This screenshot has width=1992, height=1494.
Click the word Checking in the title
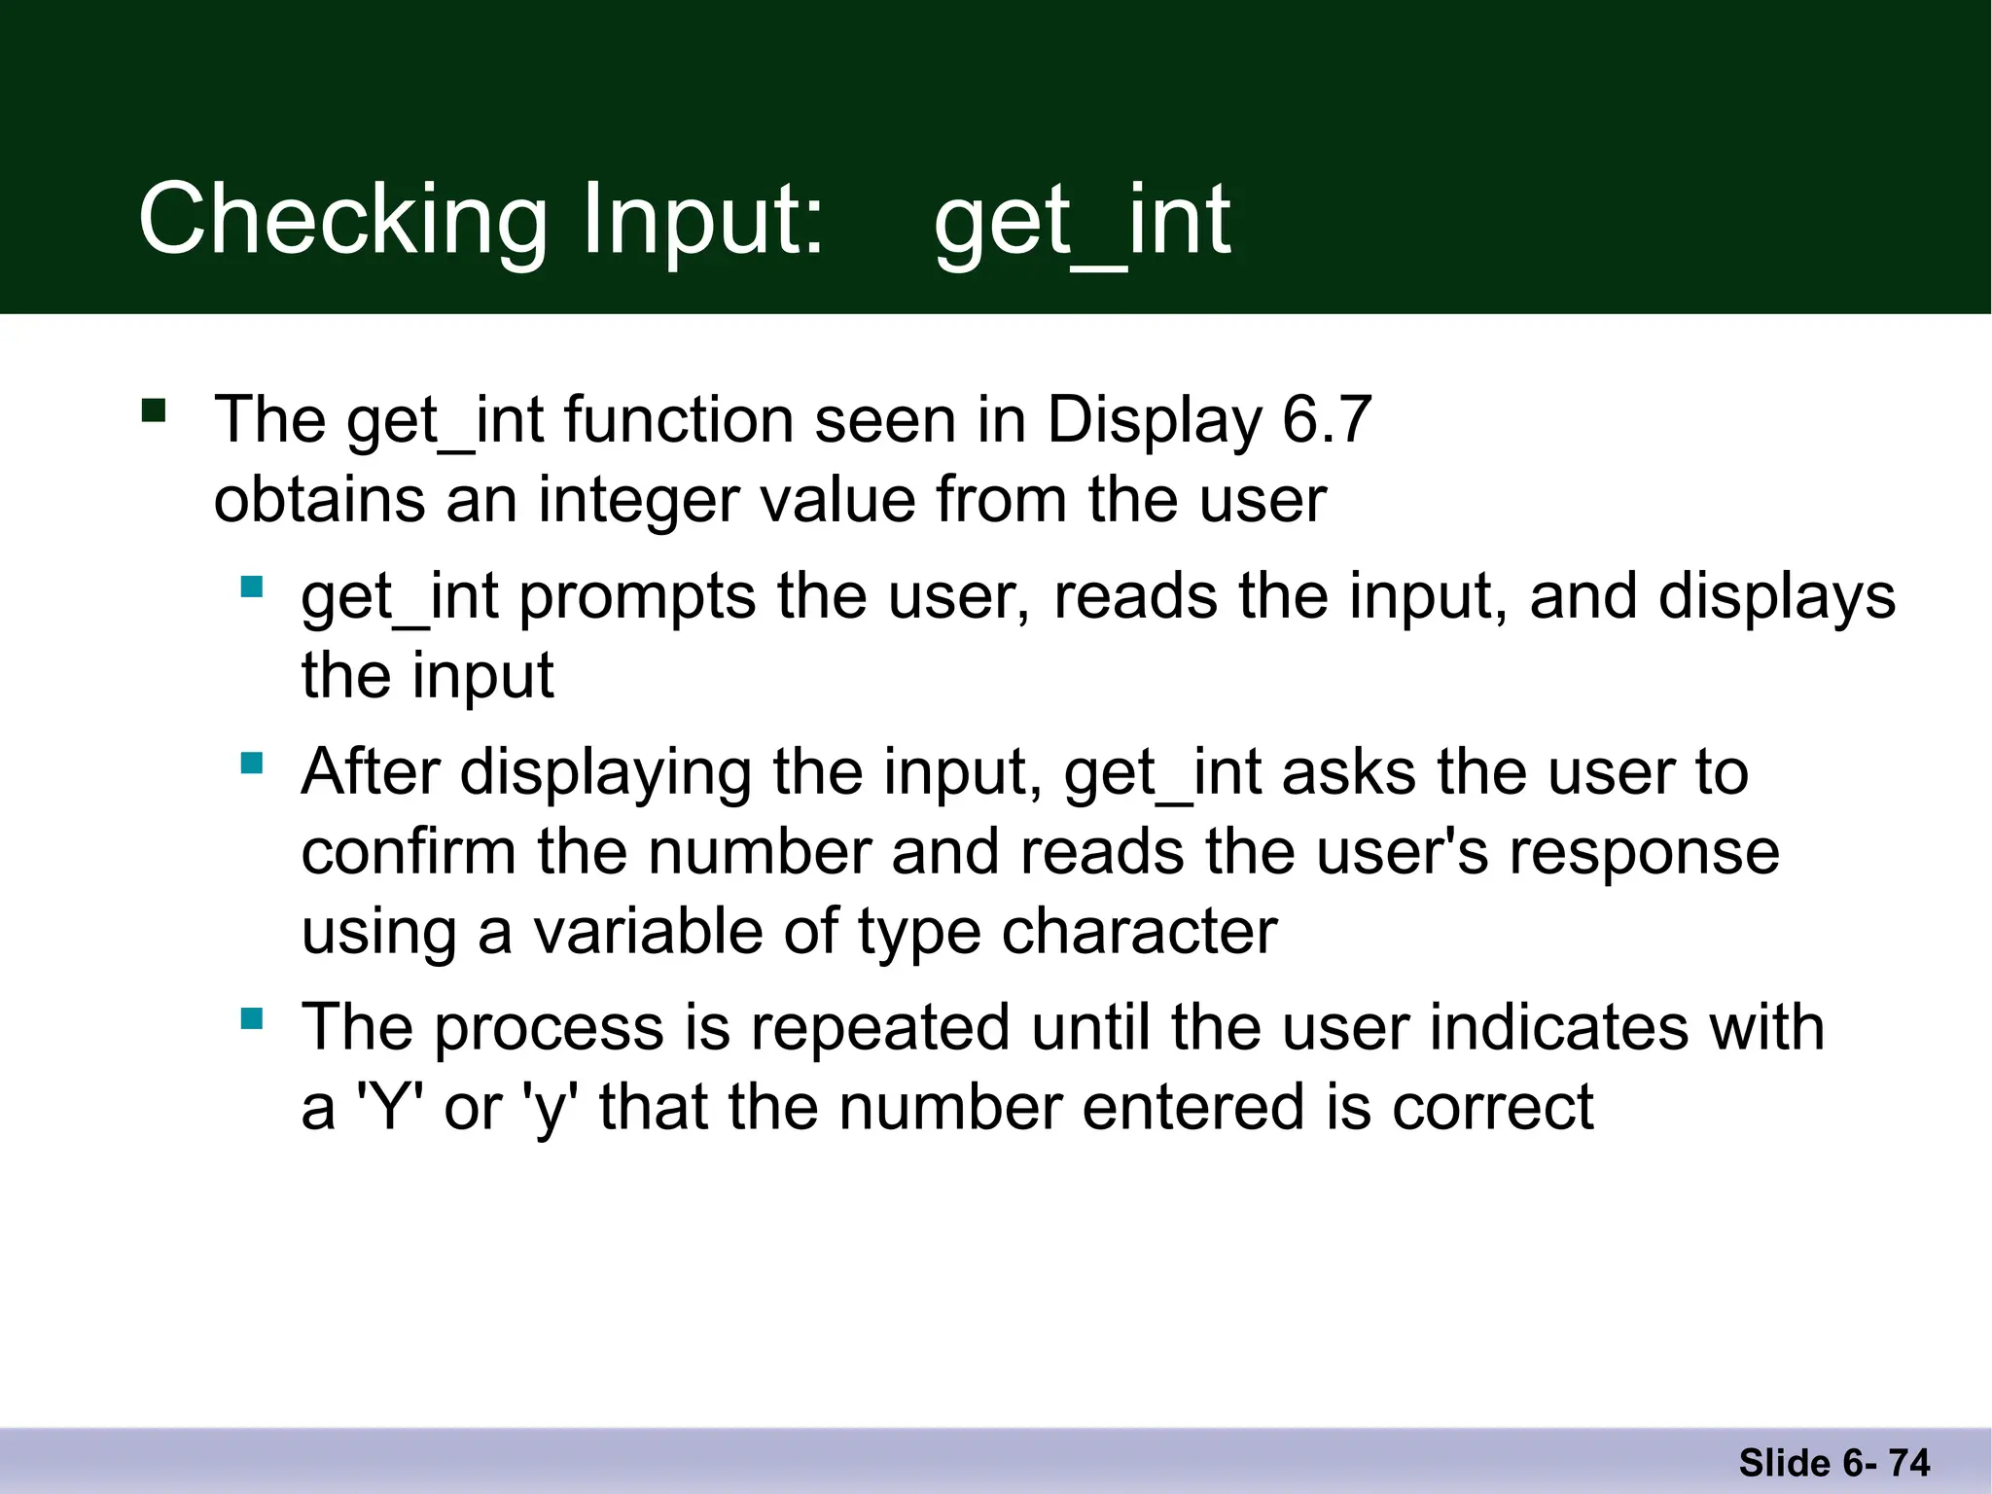tap(343, 222)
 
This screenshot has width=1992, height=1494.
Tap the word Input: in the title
tap(702, 222)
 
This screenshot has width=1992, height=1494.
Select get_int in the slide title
tap(1082, 222)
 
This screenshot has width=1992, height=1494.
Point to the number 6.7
tap(1326, 420)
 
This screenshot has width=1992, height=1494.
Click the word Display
tap(1154, 420)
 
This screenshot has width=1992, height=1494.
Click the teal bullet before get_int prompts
tap(252, 587)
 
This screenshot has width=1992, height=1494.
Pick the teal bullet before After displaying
tap(252, 763)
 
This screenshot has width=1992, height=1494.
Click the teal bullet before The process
tap(252, 1018)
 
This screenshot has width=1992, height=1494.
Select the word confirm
tap(408, 852)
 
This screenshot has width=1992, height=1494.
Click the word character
tap(1139, 932)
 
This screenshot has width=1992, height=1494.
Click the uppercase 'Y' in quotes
tap(390, 1107)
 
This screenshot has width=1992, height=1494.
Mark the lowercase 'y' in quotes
tap(551, 1109)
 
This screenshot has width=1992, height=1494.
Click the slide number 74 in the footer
tap(1908, 1463)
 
